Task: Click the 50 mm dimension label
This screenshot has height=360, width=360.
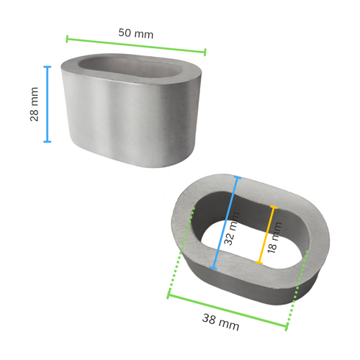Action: click(x=135, y=34)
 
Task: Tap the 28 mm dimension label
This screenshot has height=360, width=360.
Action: click(x=34, y=104)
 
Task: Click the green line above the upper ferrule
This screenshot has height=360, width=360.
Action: click(x=136, y=45)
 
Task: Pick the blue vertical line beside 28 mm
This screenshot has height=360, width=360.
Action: click(x=48, y=104)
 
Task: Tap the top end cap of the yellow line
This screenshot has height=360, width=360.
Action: click(x=273, y=209)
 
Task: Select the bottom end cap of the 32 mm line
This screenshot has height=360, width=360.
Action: click(x=212, y=269)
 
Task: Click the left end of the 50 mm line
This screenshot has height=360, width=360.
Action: click(x=67, y=37)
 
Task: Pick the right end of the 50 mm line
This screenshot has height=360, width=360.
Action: click(x=205, y=52)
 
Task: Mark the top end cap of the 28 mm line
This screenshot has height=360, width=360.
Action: click(x=48, y=67)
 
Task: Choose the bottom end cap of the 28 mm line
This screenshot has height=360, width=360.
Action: click(x=48, y=142)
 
